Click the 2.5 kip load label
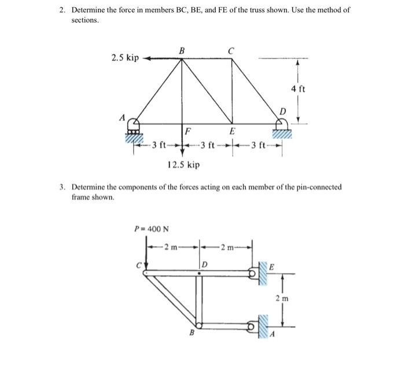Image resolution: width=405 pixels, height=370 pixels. pos(125,58)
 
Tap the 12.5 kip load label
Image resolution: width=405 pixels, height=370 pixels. pos(183,165)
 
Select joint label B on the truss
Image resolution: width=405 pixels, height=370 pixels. pos(182,50)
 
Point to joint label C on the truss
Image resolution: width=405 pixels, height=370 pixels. pos(231,50)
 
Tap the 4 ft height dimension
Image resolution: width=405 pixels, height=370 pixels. pos(299,89)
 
